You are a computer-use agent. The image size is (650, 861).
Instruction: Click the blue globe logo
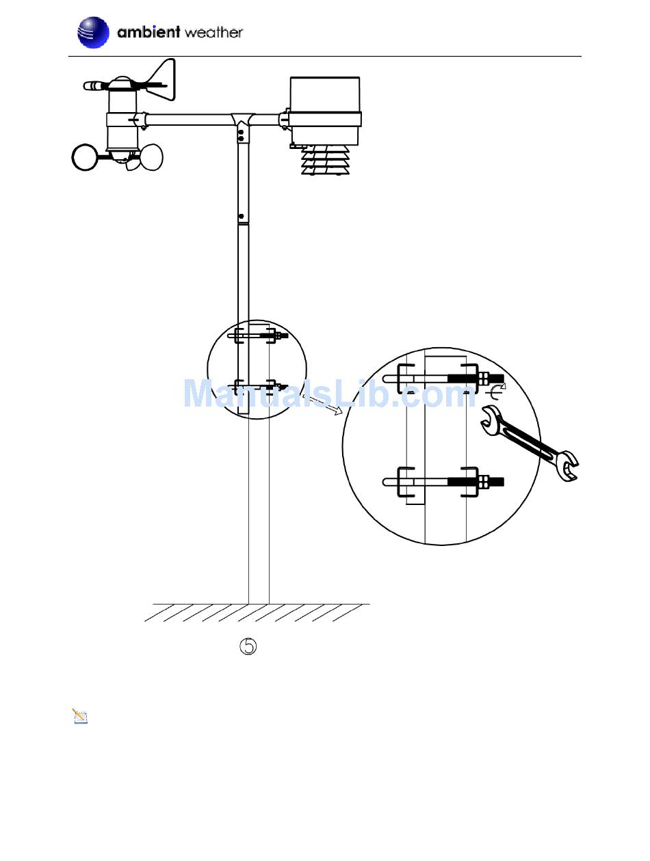click(92, 33)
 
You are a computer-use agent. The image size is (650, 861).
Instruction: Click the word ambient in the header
click(148, 31)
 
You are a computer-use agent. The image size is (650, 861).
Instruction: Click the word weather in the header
click(213, 33)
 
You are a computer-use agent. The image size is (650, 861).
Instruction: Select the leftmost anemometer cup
click(84, 157)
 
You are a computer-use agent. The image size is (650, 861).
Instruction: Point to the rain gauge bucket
click(324, 111)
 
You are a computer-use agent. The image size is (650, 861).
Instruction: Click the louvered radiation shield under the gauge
click(325, 161)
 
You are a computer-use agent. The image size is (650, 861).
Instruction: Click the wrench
click(530, 443)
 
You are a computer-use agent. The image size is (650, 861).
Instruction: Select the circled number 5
click(248, 646)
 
